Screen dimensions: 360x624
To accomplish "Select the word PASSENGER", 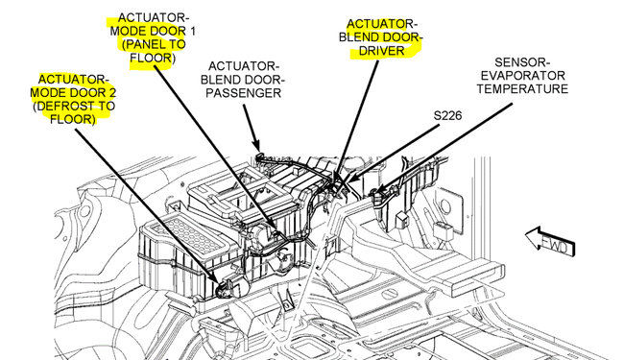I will tap(242, 94).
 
